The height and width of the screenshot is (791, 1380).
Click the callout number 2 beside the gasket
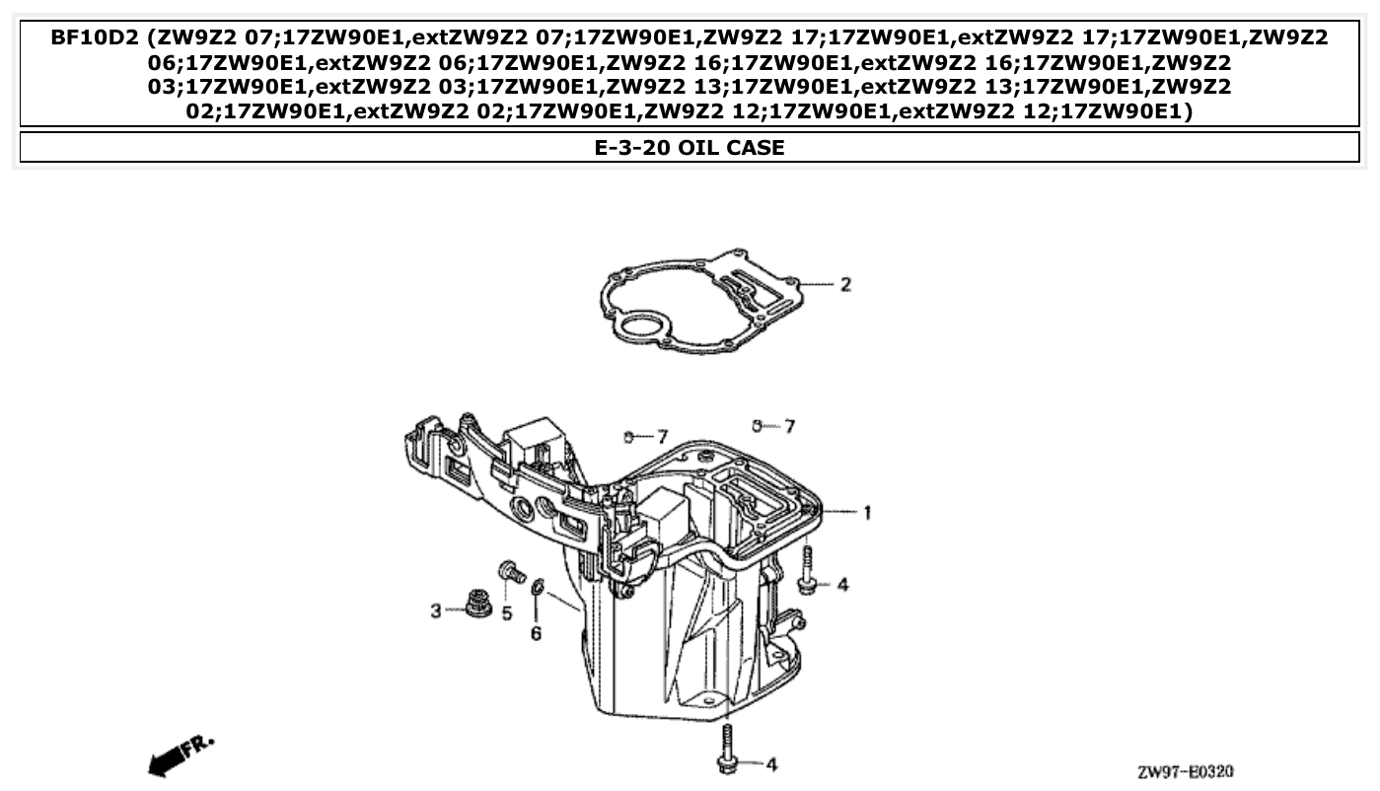point(844,285)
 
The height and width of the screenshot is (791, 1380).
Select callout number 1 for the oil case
point(867,513)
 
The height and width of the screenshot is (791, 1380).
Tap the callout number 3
point(435,611)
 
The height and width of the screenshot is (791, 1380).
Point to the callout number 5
point(507,613)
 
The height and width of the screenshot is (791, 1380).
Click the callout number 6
point(536,633)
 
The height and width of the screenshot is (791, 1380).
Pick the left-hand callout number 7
point(662,436)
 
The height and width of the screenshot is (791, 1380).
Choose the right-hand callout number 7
point(788,426)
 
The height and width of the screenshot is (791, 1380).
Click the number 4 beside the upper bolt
point(841,585)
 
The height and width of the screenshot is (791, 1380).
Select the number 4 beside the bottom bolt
point(771,764)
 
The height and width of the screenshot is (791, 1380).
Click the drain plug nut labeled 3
point(479,603)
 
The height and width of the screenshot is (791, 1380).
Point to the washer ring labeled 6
point(537,589)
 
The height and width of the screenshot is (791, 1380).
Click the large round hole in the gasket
point(644,326)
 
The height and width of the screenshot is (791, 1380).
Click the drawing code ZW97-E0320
point(1185,771)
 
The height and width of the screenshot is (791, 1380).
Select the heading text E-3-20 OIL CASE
point(690,148)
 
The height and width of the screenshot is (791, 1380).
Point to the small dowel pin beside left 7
point(627,435)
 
